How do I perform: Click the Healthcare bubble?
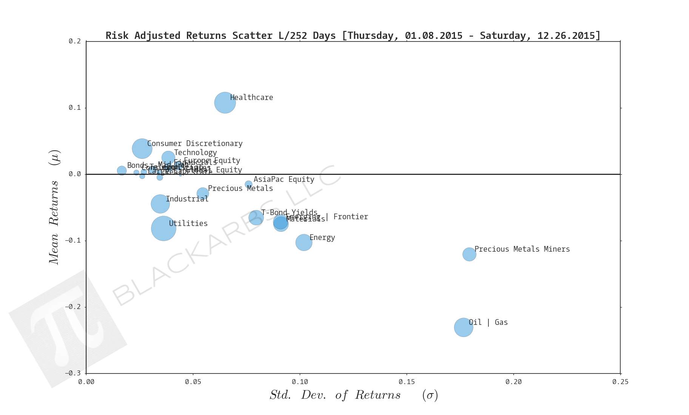point(225,103)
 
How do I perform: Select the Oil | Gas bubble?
point(464,327)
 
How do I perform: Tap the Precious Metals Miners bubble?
point(469,254)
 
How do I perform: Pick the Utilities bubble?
point(163,228)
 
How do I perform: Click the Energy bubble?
point(304,242)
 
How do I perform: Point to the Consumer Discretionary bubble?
point(142,149)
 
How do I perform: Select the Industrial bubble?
point(160,204)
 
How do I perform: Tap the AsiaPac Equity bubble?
point(248,184)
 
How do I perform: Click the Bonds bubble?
point(122,171)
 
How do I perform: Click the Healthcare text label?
point(251,97)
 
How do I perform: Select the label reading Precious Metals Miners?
point(522,249)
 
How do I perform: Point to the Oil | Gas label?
point(488,322)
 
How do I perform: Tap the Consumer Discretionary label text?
point(195,143)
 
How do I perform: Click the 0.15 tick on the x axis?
point(407,382)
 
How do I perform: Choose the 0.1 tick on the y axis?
point(75,108)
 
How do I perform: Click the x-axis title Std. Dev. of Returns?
point(335,395)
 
